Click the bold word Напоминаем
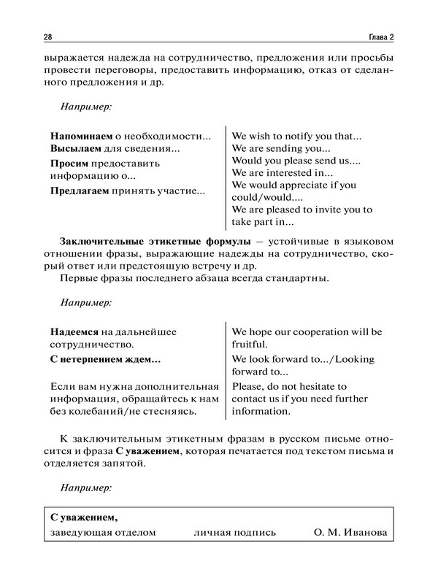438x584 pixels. click(80, 136)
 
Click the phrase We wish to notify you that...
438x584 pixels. click(296, 136)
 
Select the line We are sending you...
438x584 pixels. click(280, 148)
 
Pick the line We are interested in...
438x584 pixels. click(282, 173)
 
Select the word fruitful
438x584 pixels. click(250, 344)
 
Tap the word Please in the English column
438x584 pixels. click(248, 385)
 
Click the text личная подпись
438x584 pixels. click(234, 533)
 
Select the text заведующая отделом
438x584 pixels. click(103, 533)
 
